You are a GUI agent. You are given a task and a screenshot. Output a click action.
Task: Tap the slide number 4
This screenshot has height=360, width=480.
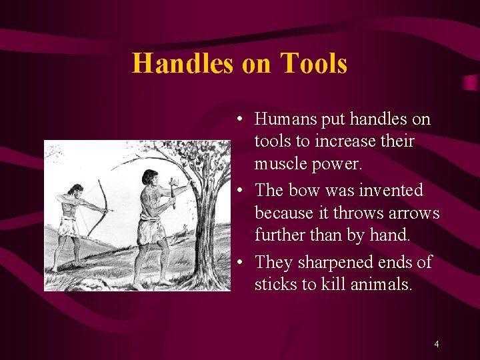point(436,344)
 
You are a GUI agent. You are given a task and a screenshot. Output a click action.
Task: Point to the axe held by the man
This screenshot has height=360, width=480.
point(172,190)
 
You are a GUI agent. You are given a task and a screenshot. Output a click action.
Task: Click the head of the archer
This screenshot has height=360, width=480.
point(76,191)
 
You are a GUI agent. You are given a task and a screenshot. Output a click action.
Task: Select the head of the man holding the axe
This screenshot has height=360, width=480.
point(150,178)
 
